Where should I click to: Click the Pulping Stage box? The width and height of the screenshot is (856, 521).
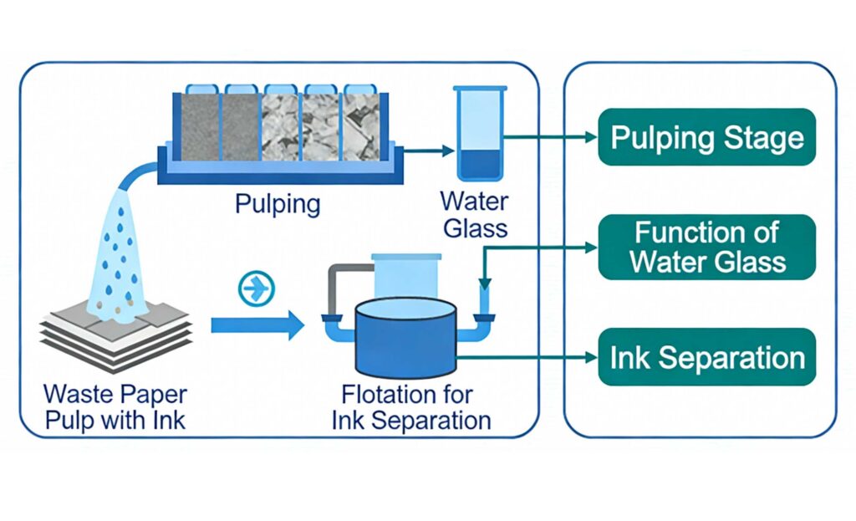tap(706, 137)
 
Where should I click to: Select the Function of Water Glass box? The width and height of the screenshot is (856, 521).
tap(706, 247)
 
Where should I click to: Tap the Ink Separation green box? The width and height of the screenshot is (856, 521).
tap(706, 357)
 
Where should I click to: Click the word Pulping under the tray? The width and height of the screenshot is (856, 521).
tap(277, 204)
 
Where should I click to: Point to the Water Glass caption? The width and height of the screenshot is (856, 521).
tap(474, 214)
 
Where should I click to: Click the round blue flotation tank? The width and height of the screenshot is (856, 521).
tap(406, 339)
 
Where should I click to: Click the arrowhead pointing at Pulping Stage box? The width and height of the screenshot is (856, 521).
tap(590, 137)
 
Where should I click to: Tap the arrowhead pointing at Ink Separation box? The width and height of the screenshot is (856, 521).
tap(590, 358)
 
